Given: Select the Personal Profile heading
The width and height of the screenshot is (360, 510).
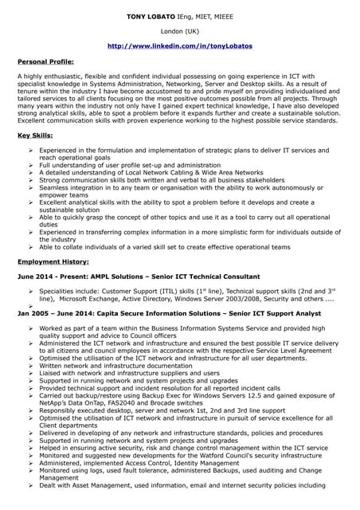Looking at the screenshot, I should pos(45,61).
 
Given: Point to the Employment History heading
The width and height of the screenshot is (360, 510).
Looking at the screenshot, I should pos(53,261).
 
